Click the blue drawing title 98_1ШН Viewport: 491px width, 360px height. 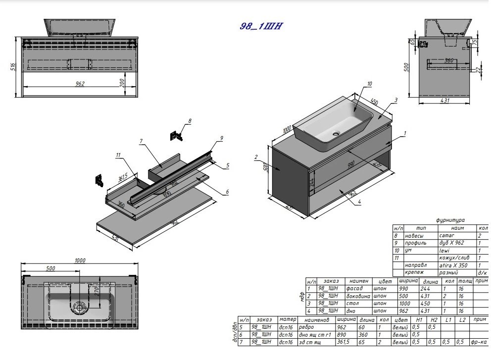tap(261, 27)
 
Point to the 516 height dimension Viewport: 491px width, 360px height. tap(13, 67)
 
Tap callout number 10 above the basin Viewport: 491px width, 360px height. tap(369, 84)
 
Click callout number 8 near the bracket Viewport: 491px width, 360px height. tap(190, 120)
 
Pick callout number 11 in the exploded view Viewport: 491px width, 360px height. tap(118, 155)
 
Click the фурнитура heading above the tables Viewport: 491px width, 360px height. tap(450, 220)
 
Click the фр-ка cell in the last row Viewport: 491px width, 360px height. tap(479, 342)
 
